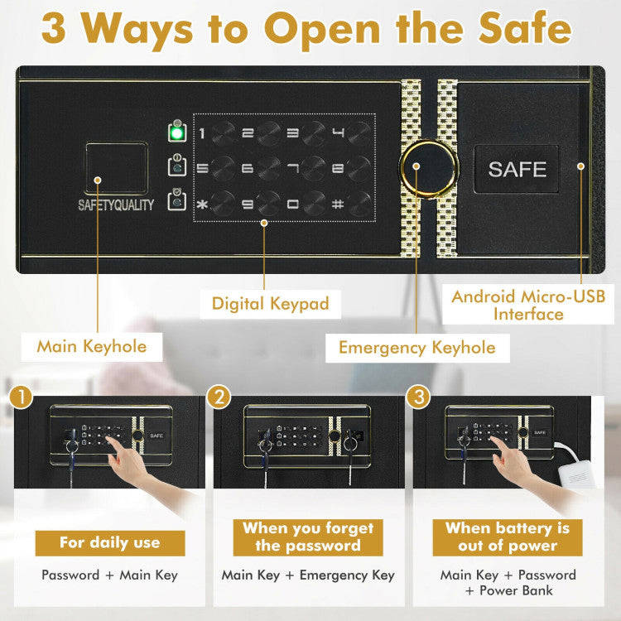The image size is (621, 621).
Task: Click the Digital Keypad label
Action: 270,304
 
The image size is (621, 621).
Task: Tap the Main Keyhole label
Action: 91,345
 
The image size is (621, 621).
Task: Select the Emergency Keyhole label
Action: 417,348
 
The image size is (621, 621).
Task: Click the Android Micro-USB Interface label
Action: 528,305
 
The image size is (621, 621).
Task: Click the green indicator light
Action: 176,132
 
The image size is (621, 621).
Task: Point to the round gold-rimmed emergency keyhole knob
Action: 426,168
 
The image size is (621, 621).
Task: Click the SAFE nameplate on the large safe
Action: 517,169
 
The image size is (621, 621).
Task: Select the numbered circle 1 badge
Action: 22,397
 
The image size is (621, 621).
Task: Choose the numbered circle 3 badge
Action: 419,397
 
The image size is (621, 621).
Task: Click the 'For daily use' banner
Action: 109,543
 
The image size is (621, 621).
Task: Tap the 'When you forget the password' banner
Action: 308,537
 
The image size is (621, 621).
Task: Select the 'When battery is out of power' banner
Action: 507,537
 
